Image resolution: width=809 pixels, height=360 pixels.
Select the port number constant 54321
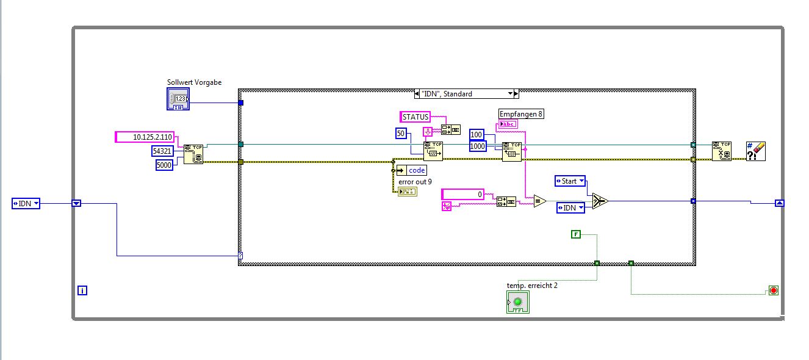(162, 151)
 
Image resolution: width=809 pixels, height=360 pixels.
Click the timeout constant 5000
(164, 164)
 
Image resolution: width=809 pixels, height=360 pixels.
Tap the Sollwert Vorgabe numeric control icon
(178, 99)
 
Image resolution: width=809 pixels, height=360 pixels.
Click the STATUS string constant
(415, 117)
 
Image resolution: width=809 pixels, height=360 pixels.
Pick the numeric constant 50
(401, 134)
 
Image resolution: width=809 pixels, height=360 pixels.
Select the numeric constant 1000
(477, 146)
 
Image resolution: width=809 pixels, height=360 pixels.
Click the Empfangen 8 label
(521, 114)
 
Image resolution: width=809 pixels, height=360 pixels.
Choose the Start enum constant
(570, 181)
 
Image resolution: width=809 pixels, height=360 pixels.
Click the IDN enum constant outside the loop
(26, 204)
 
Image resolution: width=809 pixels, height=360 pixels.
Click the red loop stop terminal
(774, 290)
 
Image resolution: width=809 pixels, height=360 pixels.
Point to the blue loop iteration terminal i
(82, 291)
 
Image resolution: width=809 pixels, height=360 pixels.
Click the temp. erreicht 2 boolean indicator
(518, 302)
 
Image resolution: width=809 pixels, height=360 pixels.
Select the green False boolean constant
(575, 234)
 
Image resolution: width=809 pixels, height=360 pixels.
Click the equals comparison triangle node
(539, 201)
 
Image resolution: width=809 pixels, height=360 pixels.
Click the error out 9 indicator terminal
(407, 192)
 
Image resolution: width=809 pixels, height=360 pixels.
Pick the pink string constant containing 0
(462, 194)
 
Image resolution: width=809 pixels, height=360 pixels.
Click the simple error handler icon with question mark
(755, 151)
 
